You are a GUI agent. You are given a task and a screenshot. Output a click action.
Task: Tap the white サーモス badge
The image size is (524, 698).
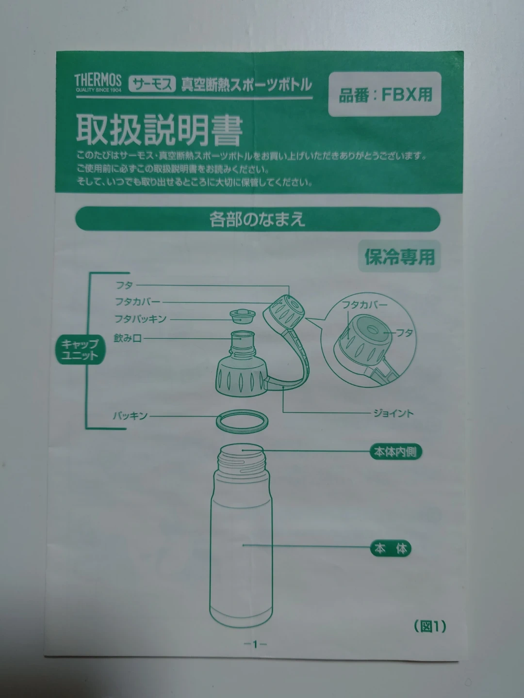(x=152, y=84)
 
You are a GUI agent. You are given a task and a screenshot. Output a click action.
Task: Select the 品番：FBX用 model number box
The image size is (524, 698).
(x=385, y=94)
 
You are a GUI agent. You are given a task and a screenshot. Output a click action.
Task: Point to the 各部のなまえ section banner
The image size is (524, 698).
(x=258, y=219)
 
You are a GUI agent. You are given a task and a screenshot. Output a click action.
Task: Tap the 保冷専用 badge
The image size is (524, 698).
(x=400, y=256)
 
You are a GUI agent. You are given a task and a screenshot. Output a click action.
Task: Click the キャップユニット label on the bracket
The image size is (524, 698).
(x=80, y=349)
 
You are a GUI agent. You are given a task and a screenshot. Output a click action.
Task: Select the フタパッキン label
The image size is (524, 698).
(x=140, y=318)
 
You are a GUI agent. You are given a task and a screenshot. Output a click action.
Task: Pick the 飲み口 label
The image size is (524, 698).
(x=128, y=338)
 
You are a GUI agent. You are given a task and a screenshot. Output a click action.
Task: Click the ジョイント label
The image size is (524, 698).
(x=393, y=413)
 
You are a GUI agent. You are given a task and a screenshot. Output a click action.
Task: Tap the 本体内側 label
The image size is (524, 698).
(x=395, y=452)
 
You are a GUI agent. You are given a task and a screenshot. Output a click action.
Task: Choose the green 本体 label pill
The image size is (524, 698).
(x=391, y=549)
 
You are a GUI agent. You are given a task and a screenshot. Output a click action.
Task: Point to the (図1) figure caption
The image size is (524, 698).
(x=430, y=626)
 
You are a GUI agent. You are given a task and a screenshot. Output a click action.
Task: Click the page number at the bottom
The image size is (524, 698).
(x=255, y=644)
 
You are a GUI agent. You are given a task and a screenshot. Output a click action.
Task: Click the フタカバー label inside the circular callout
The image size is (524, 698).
(x=364, y=305)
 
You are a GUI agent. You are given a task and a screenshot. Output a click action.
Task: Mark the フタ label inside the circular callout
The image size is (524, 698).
(x=404, y=333)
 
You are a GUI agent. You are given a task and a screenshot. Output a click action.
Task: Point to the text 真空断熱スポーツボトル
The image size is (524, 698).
(x=246, y=85)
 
